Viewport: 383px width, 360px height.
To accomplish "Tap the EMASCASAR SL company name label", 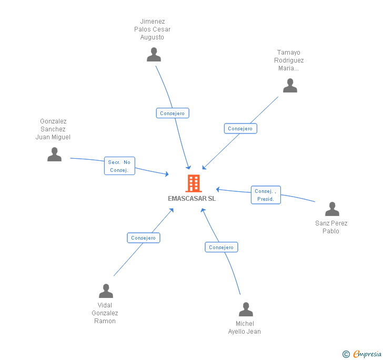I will coord(191,199).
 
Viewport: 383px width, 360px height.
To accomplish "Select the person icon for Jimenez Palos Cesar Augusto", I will coord(154,55).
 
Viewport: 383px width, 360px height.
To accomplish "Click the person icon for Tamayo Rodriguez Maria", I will coord(290,86).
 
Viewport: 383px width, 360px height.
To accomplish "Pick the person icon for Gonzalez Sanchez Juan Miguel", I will coord(54,155).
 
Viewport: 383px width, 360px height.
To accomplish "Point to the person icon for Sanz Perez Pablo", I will coord(332,209).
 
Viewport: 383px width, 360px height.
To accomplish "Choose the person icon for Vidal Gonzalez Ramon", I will coord(106,291).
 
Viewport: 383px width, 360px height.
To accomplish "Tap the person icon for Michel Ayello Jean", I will coord(246,310).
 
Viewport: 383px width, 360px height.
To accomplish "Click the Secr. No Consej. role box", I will coord(119,166).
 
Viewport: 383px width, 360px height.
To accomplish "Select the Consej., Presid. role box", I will coord(266,195).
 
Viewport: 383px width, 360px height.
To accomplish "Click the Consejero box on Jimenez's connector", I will coord(173,113).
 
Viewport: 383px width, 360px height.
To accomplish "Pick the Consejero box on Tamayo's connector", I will coord(240,128).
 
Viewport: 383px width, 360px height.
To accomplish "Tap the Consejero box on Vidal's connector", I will coord(144,238).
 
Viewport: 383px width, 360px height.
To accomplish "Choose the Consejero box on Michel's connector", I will coord(221,247).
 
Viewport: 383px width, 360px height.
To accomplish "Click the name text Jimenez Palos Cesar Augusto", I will coord(153,29).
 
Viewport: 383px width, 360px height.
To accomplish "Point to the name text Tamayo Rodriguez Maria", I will coord(289,60).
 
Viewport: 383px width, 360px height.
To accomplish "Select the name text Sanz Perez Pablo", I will coord(331,227).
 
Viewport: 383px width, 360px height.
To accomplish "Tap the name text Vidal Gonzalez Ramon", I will coord(105,313).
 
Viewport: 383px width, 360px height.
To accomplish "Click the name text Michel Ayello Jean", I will coord(245,327).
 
